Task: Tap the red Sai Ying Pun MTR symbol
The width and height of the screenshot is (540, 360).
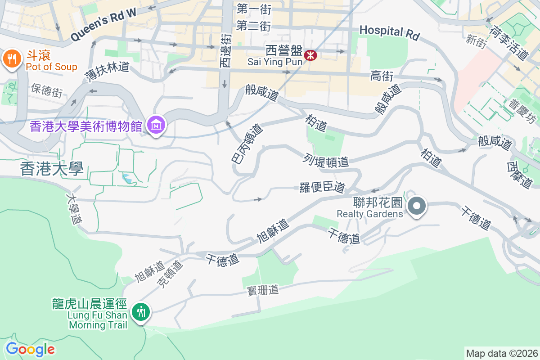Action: pos(310,55)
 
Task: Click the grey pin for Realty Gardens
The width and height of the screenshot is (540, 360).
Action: pos(417,207)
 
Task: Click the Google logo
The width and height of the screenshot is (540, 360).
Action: pos(30,349)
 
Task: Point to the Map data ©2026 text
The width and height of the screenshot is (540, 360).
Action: pos(502,353)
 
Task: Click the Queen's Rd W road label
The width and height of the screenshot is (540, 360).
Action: pos(103,25)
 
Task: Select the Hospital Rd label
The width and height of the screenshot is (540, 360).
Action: pos(389,32)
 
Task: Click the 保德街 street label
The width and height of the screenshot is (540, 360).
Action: pos(47,90)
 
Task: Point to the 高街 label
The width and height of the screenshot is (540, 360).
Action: pos(382,76)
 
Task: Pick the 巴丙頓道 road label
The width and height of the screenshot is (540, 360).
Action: pos(246,144)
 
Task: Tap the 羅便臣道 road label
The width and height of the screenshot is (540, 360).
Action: pos(322,187)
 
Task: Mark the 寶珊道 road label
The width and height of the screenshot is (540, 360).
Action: pos(263,291)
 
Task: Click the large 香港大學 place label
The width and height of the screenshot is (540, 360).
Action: pos(52,169)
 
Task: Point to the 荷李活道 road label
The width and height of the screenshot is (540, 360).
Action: pos(508,43)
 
